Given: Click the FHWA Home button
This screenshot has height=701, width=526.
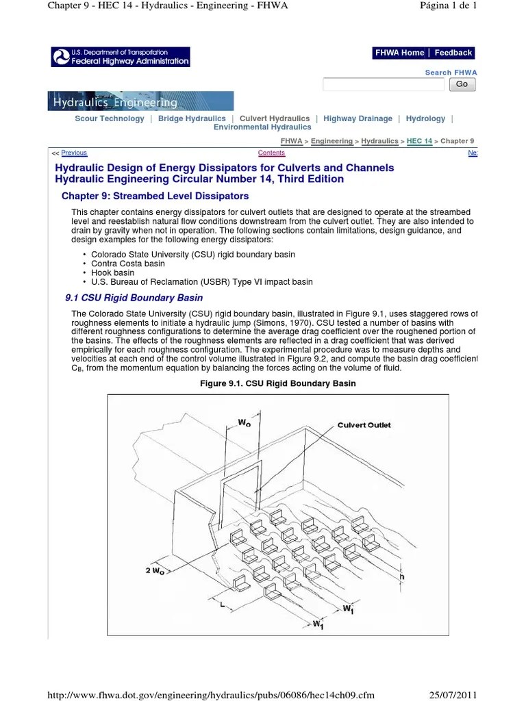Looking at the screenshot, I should click(399, 53).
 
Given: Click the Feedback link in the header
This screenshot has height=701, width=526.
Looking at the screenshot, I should click(453, 53).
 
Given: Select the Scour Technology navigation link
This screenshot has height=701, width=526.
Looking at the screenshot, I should click(110, 118).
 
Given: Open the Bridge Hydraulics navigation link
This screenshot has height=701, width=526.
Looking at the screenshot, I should click(192, 118).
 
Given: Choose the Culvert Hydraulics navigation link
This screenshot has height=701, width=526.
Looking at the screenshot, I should click(275, 118).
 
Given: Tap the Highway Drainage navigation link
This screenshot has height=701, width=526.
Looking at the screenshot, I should click(358, 118).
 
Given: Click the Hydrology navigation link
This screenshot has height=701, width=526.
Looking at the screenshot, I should click(425, 118).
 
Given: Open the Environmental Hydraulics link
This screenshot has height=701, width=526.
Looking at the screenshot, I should click(262, 127).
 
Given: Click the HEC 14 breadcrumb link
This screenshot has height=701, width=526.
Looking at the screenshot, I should click(419, 141).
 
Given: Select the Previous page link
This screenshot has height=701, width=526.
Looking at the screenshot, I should click(74, 153).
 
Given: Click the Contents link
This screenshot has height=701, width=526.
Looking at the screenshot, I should click(271, 153).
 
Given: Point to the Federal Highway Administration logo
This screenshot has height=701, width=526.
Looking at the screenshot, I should click(121, 57).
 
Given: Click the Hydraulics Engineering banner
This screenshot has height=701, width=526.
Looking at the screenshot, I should click(140, 101).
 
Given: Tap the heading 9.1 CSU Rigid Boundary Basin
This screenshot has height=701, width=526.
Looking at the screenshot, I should click(134, 298).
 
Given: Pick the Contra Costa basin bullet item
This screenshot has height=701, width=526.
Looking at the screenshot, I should click(128, 264).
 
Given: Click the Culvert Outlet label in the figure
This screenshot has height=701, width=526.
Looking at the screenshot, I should click(364, 425).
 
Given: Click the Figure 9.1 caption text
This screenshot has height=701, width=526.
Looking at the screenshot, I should click(277, 383).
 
